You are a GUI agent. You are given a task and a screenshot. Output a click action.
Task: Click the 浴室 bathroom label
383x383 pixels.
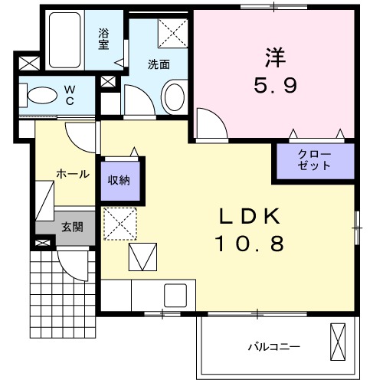pyautogui.click(x=103, y=39)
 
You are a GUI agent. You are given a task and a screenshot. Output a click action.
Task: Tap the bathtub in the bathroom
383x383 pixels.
pyautogui.click(x=65, y=40)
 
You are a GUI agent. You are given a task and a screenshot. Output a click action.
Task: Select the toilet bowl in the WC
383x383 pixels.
pyautogui.click(x=42, y=95)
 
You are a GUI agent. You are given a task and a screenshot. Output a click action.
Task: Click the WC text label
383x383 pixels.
pyautogui.click(x=70, y=95)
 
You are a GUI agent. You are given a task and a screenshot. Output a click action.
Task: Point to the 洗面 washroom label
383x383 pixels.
pyautogui.click(x=159, y=64)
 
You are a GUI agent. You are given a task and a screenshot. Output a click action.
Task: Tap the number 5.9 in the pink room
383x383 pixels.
pyautogui.click(x=275, y=86)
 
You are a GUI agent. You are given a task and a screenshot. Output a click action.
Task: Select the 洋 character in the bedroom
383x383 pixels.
pyautogui.click(x=276, y=57)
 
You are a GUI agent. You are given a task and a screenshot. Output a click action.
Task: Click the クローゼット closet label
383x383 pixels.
pyautogui.click(x=314, y=160)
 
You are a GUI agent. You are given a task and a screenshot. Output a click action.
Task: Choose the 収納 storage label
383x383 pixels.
pyautogui.click(x=119, y=180)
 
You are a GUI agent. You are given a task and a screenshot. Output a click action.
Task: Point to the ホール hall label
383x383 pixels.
pyautogui.click(x=73, y=174)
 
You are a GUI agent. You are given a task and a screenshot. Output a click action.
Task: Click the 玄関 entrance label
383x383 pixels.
pyautogui.click(x=72, y=227)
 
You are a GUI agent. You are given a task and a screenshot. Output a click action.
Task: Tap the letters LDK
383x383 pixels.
pyautogui.click(x=250, y=216)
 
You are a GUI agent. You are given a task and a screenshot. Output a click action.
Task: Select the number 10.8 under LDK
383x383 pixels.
pyautogui.click(x=250, y=244)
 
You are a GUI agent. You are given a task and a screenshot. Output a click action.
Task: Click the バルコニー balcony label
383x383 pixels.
pyautogui.click(x=274, y=347)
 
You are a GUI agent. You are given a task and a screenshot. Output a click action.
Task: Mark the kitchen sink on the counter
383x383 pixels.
pyautogui.click(x=175, y=296)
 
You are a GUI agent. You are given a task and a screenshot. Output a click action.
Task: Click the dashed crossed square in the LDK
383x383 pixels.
pyautogui.click(x=120, y=224)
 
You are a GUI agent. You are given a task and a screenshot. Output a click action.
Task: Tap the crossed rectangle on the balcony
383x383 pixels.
pyautogui.click(x=338, y=342)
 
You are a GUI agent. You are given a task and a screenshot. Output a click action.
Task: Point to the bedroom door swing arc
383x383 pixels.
pyautogui.click(x=218, y=117)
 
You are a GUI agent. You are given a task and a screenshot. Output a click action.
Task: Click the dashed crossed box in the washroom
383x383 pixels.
pyautogui.click(x=172, y=33)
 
